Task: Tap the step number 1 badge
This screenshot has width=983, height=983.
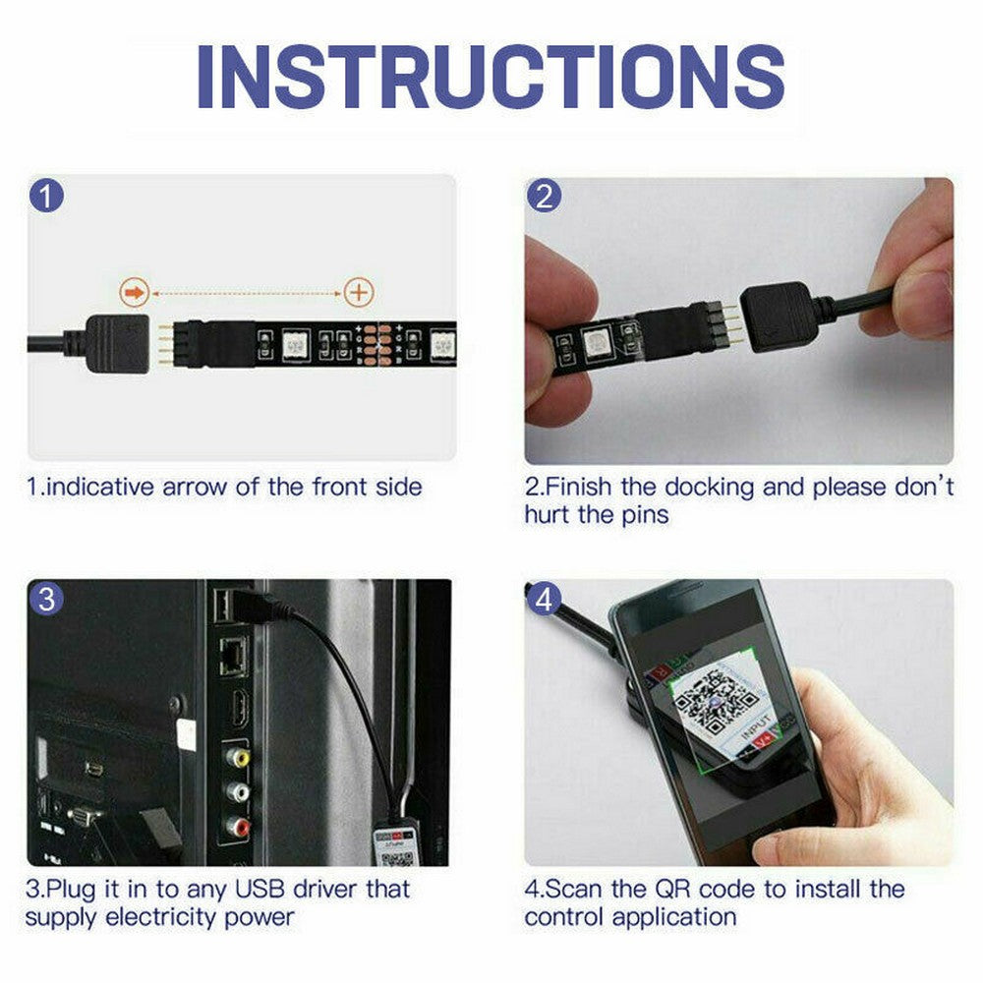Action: click(x=47, y=196)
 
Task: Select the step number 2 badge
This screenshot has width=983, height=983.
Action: click(x=545, y=197)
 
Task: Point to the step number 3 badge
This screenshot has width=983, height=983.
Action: click(x=47, y=599)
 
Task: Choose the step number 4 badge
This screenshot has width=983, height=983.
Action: click(x=545, y=599)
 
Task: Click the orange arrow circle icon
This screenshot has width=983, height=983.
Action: click(x=134, y=292)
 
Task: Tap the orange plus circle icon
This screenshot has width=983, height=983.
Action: click(x=359, y=292)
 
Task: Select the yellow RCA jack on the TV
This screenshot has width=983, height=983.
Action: click(x=238, y=758)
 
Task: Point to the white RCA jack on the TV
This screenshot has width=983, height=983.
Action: click(x=238, y=791)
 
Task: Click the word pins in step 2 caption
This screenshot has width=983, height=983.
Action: click(x=637, y=514)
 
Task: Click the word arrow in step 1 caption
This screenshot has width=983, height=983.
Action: click(x=198, y=486)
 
